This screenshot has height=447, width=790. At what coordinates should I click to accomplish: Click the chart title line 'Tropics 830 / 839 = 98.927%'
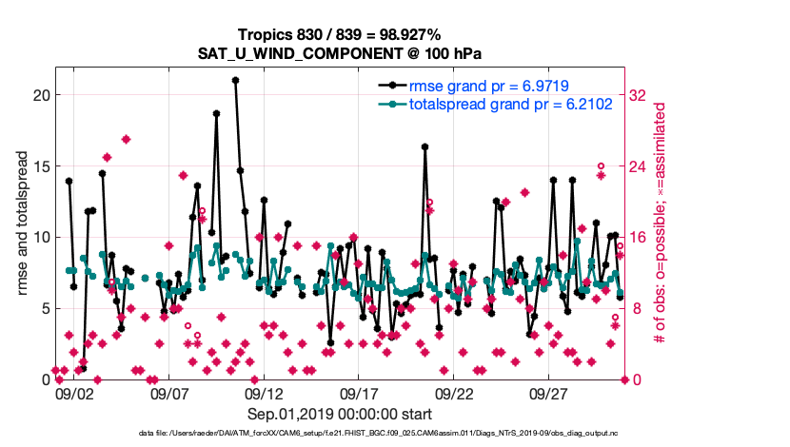(340, 34)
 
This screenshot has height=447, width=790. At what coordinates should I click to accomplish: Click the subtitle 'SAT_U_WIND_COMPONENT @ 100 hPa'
(340, 53)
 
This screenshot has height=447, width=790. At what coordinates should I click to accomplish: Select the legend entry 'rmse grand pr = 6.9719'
(488, 86)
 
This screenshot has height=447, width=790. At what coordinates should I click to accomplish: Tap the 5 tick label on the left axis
(44, 308)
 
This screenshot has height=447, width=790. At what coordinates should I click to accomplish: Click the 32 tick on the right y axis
(639, 95)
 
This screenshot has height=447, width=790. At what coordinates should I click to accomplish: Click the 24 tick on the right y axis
(639, 166)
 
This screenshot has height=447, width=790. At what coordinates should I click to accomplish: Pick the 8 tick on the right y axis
(635, 308)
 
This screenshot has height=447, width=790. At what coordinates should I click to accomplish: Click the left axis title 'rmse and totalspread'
(24, 223)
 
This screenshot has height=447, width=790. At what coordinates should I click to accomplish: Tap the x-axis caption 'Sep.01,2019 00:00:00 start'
(340, 415)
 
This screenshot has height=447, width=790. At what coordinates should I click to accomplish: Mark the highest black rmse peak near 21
(235, 81)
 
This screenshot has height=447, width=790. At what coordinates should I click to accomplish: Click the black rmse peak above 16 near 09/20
(425, 146)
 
